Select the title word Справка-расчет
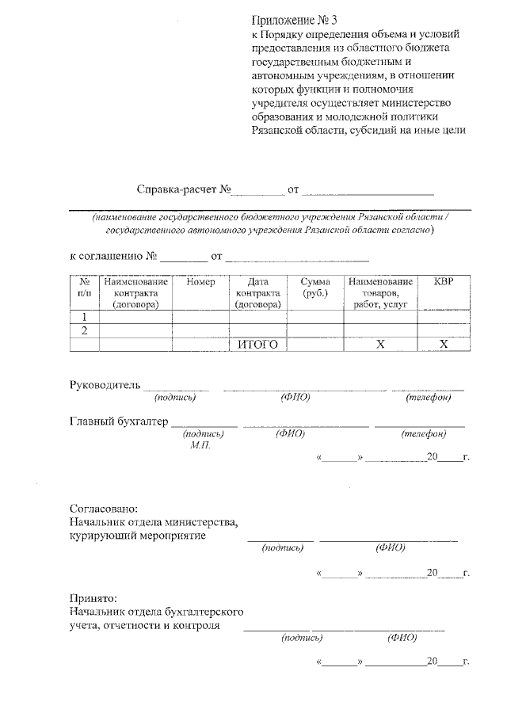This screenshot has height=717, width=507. tap(177, 190)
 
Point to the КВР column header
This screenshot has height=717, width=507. tap(444, 283)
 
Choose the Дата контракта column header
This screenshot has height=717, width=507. tap(258, 293)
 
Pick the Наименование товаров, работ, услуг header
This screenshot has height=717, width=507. tap(379, 293)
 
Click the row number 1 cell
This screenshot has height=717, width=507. tap(84, 317)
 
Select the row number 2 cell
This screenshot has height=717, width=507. tap(84, 330)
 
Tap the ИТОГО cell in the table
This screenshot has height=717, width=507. tap(258, 345)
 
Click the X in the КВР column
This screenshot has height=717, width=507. tap(444, 345)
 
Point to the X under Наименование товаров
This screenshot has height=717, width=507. tap(379, 345)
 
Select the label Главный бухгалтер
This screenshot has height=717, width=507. tap(119, 421)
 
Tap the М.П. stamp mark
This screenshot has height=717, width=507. tap(200, 445)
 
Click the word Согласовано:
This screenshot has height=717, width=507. tap(104, 508)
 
